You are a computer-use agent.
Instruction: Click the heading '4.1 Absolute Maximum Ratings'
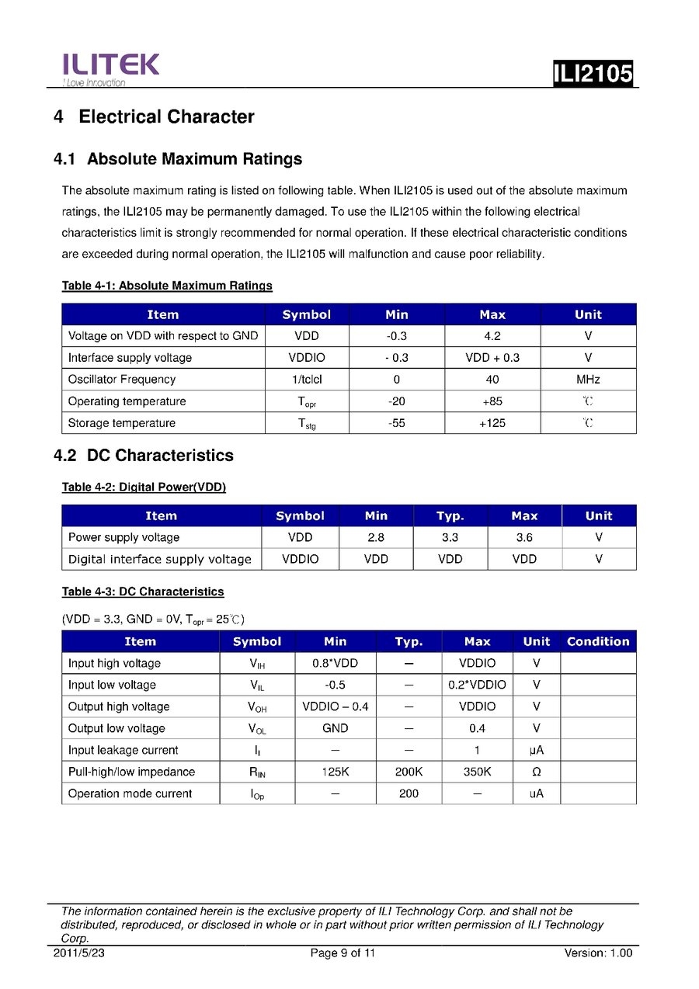point(178,159)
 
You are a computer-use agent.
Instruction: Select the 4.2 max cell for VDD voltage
point(492,336)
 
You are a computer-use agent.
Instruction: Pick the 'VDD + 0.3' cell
point(492,358)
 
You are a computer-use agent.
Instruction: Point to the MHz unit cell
point(588,380)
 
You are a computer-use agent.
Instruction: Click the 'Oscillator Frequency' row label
point(122,380)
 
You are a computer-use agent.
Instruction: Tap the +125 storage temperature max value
point(492,423)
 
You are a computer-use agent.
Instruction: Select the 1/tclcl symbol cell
point(306,380)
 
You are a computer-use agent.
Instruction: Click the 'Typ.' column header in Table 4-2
point(450,515)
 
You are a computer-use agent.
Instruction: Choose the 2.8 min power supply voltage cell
point(376,537)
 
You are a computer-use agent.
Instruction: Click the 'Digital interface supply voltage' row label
point(160,559)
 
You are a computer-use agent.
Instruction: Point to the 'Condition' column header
point(598,641)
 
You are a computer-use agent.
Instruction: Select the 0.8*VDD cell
point(336,663)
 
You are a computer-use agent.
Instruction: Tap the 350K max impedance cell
point(477,772)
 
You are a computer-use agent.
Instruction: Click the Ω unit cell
point(536,772)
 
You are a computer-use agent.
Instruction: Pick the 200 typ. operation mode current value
point(409,793)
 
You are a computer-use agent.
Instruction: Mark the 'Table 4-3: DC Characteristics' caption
point(143,592)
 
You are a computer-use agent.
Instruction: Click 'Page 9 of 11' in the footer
point(343,953)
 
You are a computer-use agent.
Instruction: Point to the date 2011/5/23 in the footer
point(78,953)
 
